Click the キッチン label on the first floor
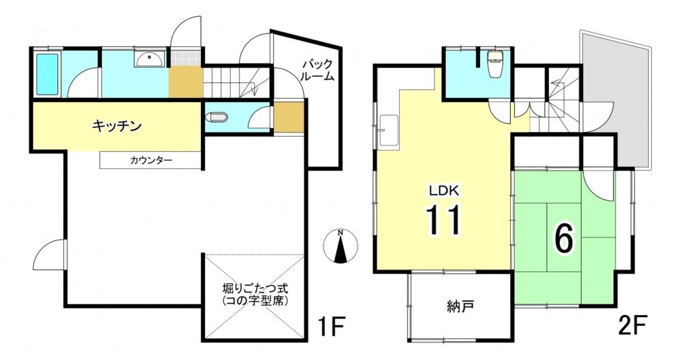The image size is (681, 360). coord(117,127)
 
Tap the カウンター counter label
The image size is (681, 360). coord(151,160)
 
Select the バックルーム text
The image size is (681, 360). coord(317,70)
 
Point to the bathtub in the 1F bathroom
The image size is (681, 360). coord(47,73)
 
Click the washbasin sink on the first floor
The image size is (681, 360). coord(150,59)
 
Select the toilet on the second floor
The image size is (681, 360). coord(494,64)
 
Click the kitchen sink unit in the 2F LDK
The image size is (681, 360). coord(389,132)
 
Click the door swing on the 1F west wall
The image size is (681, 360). coord(48,255)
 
